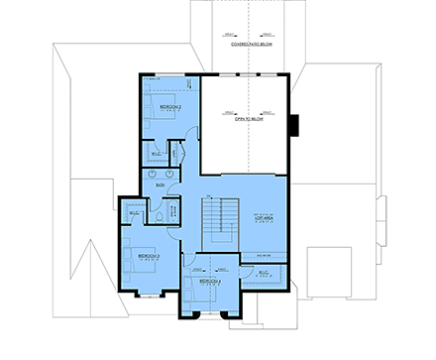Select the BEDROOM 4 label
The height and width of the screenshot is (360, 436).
[208, 281]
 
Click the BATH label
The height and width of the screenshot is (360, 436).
[160, 184]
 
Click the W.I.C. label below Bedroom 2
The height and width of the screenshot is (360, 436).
[157, 154]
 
